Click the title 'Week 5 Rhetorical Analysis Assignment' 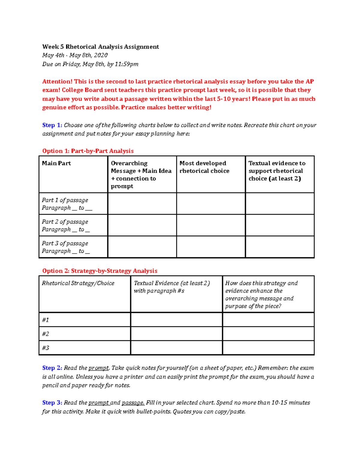click(100, 47)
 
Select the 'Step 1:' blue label click(52, 125)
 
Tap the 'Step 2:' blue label click(52, 368)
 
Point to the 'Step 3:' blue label click(52, 403)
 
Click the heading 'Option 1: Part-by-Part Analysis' click(88, 151)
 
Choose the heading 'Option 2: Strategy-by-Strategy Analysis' click(100, 271)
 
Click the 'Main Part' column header click(56, 163)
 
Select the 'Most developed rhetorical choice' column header click(204, 167)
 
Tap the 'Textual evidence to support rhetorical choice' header click(277, 171)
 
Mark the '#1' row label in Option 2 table click(46, 320)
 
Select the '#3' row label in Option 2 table click(46, 348)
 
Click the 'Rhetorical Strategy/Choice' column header click(78, 283)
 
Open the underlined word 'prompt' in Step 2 click(99, 368)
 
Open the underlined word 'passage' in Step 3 click(133, 403)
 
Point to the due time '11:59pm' click(127, 64)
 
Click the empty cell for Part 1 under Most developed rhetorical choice click(211, 203)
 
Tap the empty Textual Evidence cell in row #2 click(176, 334)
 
